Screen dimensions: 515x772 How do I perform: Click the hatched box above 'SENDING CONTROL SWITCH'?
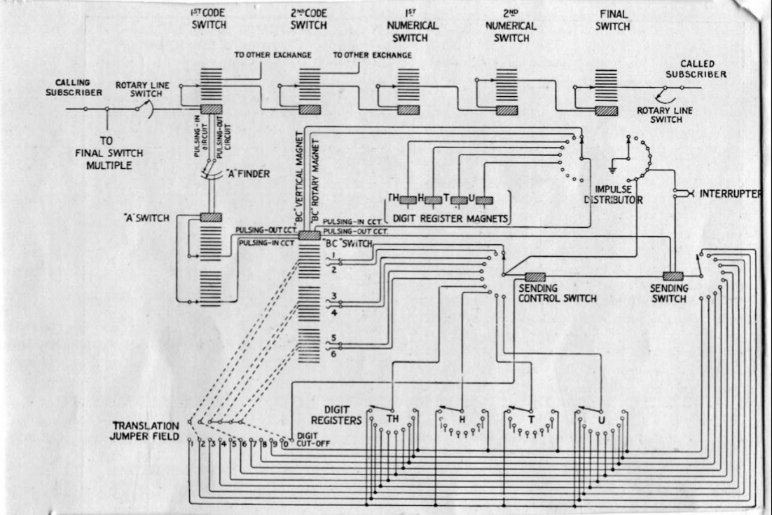535,276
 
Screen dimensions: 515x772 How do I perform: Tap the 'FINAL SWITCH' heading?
614,20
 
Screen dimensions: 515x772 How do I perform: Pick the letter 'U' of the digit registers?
601,419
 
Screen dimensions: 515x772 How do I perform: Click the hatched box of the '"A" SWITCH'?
210,218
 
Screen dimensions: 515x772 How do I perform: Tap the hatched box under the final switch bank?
606,110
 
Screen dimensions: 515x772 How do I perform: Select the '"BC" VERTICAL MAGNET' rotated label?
298,178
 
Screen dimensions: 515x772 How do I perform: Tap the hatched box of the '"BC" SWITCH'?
309,236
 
